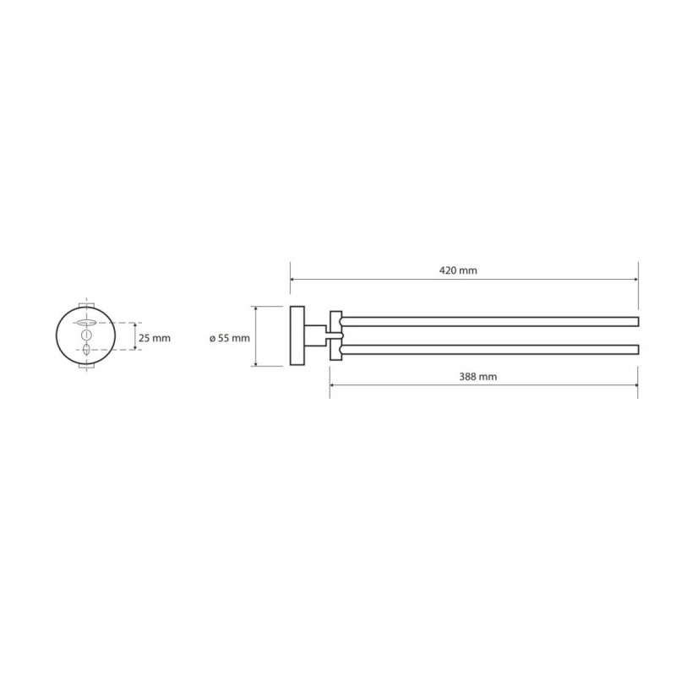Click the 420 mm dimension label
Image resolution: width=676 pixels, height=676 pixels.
(458, 270)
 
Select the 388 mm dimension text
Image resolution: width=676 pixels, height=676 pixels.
(477, 377)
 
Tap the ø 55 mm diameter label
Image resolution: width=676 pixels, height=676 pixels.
(230, 339)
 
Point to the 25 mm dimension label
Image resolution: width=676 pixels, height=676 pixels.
(155, 339)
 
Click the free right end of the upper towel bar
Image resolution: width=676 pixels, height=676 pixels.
(638, 322)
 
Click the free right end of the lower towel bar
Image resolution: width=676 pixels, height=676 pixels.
(638, 349)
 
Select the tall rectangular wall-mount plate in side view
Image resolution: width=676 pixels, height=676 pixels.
(297, 335)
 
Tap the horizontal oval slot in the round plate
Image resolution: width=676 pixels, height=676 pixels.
(87, 323)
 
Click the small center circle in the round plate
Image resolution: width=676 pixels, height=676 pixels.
(87, 335)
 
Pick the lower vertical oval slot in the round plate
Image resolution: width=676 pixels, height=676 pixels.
(87, 349)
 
